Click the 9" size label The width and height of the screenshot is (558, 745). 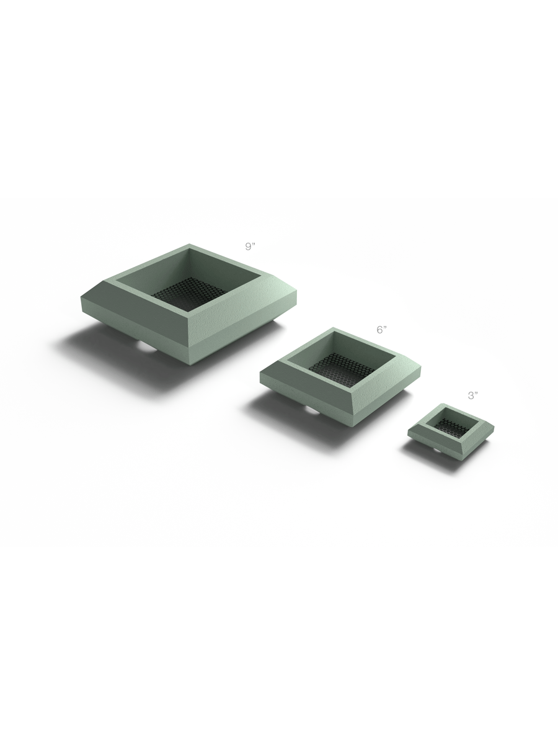(x=250, y=247)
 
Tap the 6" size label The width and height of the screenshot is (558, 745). (x=381, y=330)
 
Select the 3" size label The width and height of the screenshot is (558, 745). (x=473, y=395)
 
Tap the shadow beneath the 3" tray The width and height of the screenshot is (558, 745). (x=422, y=453)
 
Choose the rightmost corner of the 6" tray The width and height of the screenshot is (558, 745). (x=421, y=369)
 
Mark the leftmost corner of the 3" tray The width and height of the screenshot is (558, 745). (x=408, y=430)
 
